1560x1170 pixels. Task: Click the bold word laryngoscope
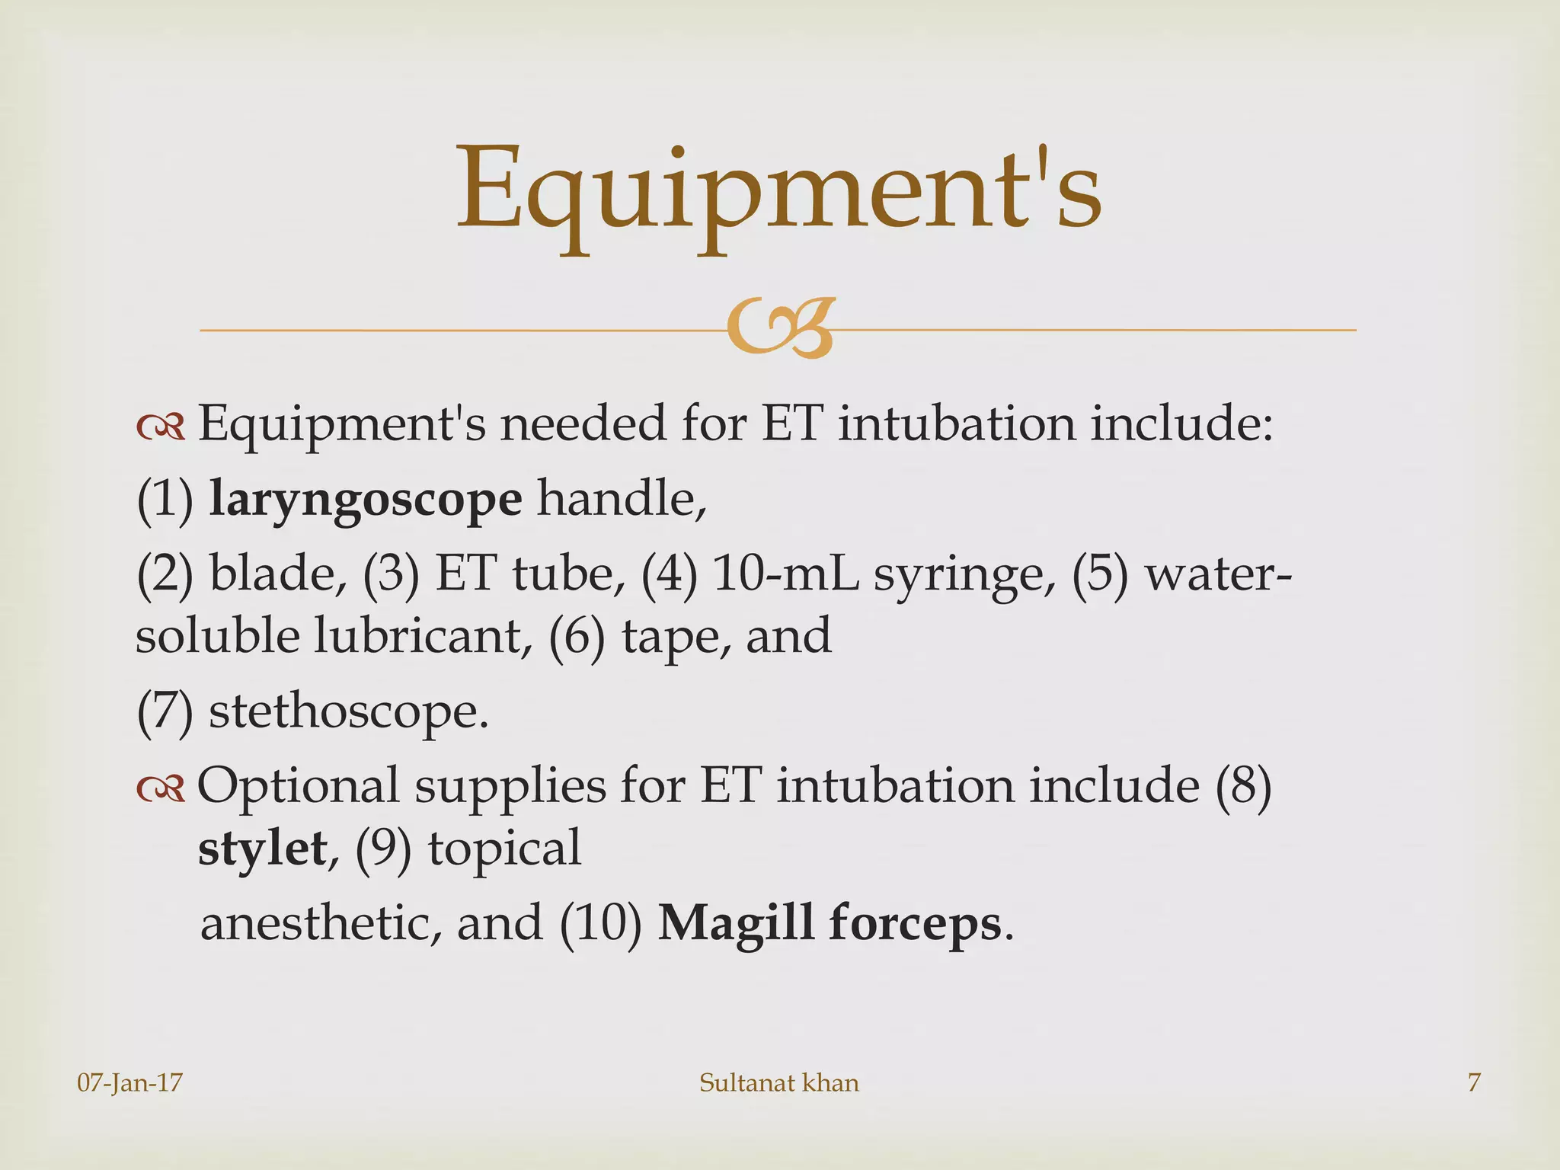click(x=366, y=500)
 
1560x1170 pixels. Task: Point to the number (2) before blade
click(x=165, y=574)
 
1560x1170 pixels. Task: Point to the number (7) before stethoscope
click(x=165, y=713)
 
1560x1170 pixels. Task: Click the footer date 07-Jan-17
click(x=130, y=1082)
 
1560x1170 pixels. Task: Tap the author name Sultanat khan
click(x=778, y=1082)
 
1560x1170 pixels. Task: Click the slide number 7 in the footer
click(x=1474, y=1082)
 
